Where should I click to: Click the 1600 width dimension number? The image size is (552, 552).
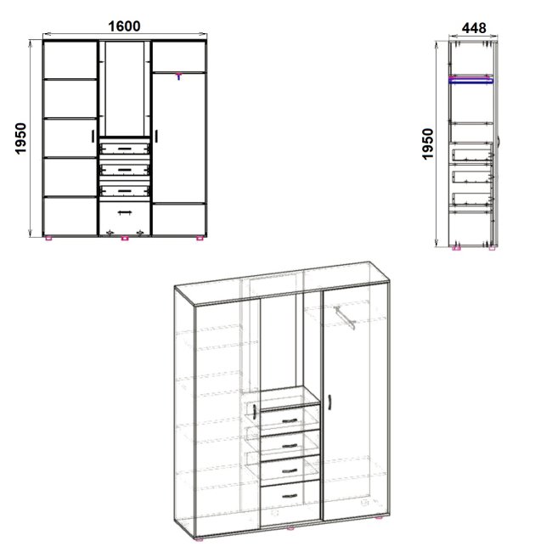(x=124, y=26)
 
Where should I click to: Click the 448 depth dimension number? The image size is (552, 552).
(x=474, y=28)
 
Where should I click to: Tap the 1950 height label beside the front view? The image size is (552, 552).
(x=20, y=138)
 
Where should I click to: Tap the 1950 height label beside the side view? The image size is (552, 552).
(x=427, y=144)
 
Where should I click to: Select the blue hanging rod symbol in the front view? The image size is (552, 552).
(x=178, y=76)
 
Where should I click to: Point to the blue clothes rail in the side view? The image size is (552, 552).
(x=471, y=81)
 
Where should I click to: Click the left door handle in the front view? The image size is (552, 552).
(x=93, y=136)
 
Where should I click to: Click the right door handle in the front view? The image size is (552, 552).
(x=156, y=136)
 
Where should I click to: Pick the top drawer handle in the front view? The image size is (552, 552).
(x=124, y=149)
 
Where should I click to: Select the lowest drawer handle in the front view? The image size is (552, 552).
(x=125, y=212)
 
